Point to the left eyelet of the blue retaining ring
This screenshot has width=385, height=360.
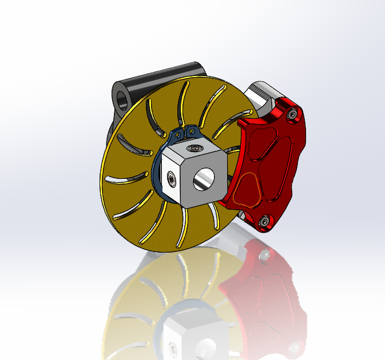point(178,135)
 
